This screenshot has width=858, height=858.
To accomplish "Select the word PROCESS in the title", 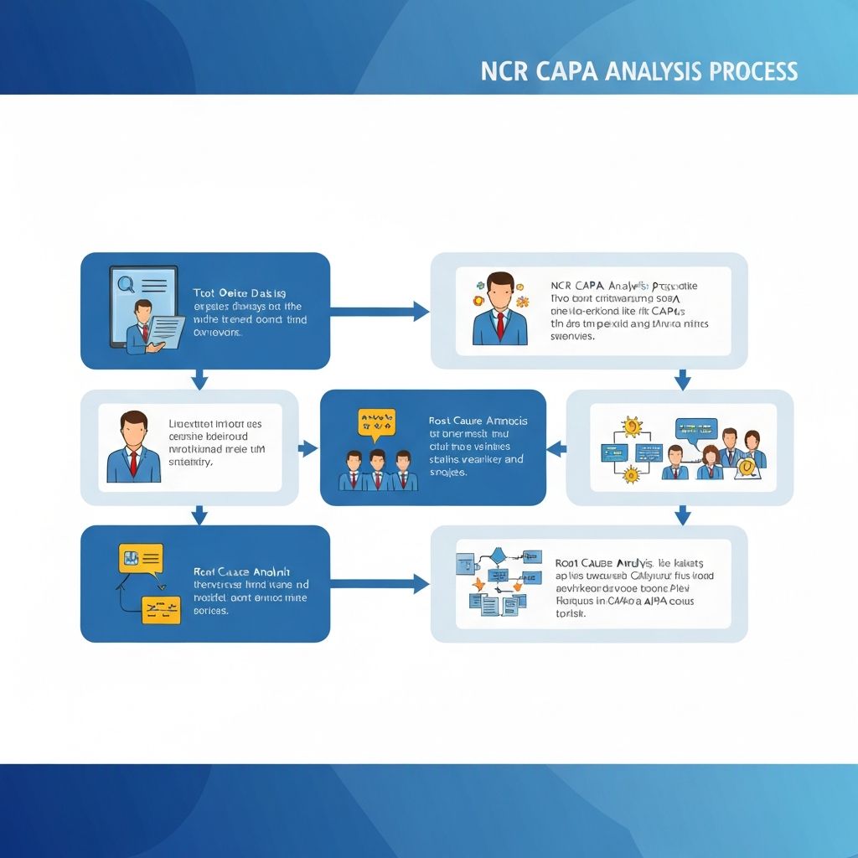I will click(x=753, y=70).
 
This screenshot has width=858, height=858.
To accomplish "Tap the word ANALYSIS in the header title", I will click(x=650, y=70).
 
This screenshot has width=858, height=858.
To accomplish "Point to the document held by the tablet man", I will click(x=168, y=330).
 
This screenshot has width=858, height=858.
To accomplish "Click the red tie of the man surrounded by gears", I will click(x=500, y=324).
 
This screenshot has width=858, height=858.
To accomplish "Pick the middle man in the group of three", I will click(x=378, y=471).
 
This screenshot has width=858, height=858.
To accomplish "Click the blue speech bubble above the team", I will click(x=696, y=428).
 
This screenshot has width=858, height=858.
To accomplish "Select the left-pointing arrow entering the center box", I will click(x=556, y=449).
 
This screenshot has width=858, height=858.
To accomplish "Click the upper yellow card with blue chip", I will click(x=141, y=558).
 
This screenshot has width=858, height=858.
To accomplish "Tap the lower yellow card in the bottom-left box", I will click(x=161, y=609).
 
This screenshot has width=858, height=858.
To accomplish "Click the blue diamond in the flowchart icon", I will click(x=499, y=554).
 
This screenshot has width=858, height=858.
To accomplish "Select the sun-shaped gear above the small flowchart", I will click(x=633, y=426).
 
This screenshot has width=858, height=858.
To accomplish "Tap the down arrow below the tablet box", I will click(x=199, y=380).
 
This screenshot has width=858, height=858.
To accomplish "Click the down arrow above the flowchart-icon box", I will click(x=682, y=514).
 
